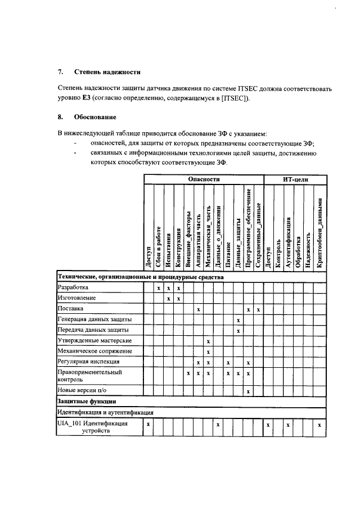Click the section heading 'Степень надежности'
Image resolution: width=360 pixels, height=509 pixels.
(107, 72)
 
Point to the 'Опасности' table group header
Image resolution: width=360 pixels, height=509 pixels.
(204, 179)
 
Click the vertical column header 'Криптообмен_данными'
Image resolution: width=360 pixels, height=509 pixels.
(319, 228)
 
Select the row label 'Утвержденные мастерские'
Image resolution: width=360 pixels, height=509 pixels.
(95, 341)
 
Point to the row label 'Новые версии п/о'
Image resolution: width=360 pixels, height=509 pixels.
(82, 390)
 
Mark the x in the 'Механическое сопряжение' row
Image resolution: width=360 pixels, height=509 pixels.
(208, 352)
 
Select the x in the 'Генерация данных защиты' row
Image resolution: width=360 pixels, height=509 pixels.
(238, 319)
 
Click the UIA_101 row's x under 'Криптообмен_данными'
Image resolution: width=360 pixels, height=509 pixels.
(319, 425)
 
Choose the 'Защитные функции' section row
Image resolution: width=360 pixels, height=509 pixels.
(87, 401)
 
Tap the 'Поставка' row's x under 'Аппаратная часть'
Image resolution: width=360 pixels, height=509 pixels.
(198, 309)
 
